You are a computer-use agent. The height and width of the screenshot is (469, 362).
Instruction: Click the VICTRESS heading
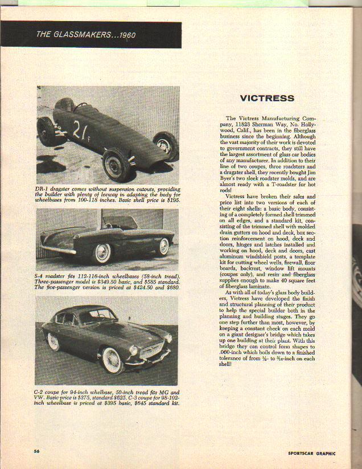[x=267, y=98]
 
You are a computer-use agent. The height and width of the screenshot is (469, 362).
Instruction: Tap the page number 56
[x=35, y=451]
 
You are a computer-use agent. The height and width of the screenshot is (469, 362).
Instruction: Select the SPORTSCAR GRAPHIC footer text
[x=311, y=454]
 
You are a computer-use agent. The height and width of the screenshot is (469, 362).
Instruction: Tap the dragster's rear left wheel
[x=46, y=131]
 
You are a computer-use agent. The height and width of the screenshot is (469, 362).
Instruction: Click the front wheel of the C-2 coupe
[x=111, y=360]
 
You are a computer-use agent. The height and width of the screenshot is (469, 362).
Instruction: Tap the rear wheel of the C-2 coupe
[x=53, y=342]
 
